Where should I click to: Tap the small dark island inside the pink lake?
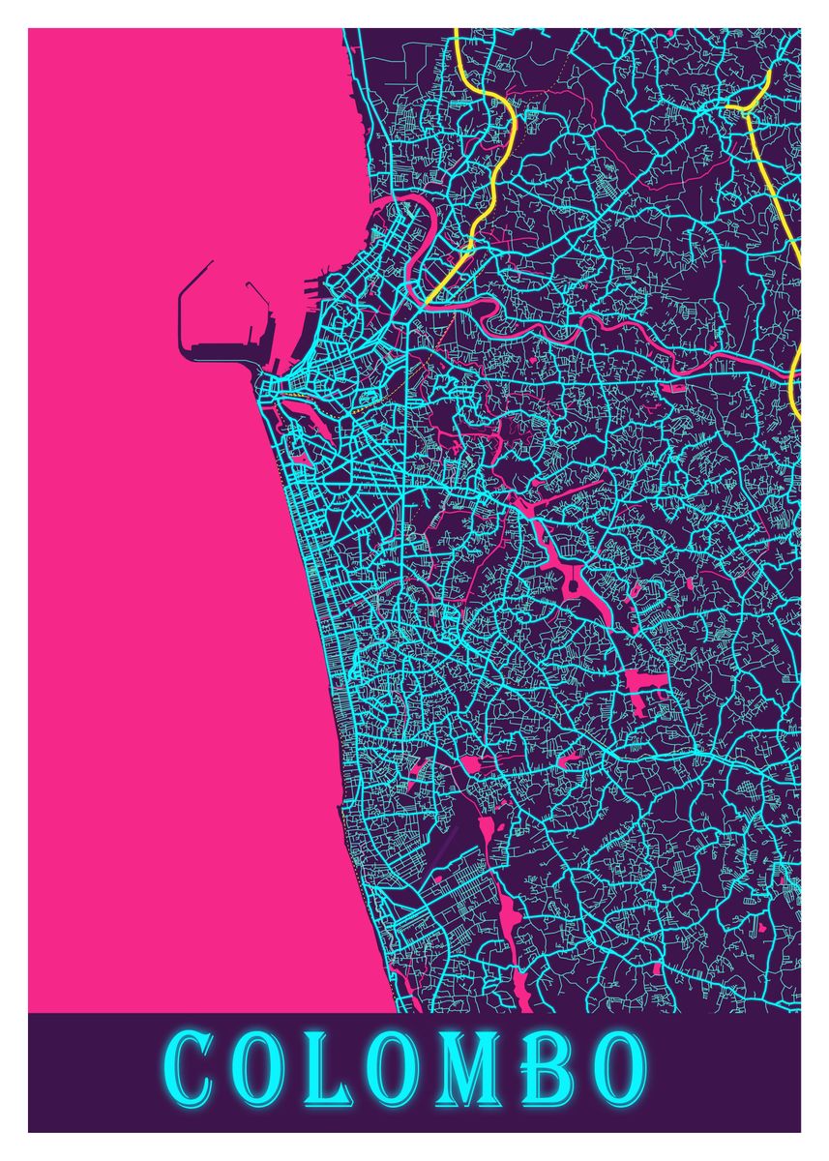click(572, 584)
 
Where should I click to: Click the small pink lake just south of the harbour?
click(310, 416)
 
